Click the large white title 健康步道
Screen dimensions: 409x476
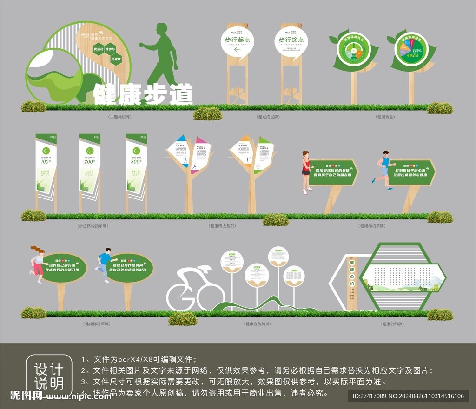[143, 94]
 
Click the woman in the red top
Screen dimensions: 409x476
[305, 171]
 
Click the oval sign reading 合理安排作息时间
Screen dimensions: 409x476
[130, 268]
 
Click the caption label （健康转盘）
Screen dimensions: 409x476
[386, 117]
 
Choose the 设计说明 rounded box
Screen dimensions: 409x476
[49, 376]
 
